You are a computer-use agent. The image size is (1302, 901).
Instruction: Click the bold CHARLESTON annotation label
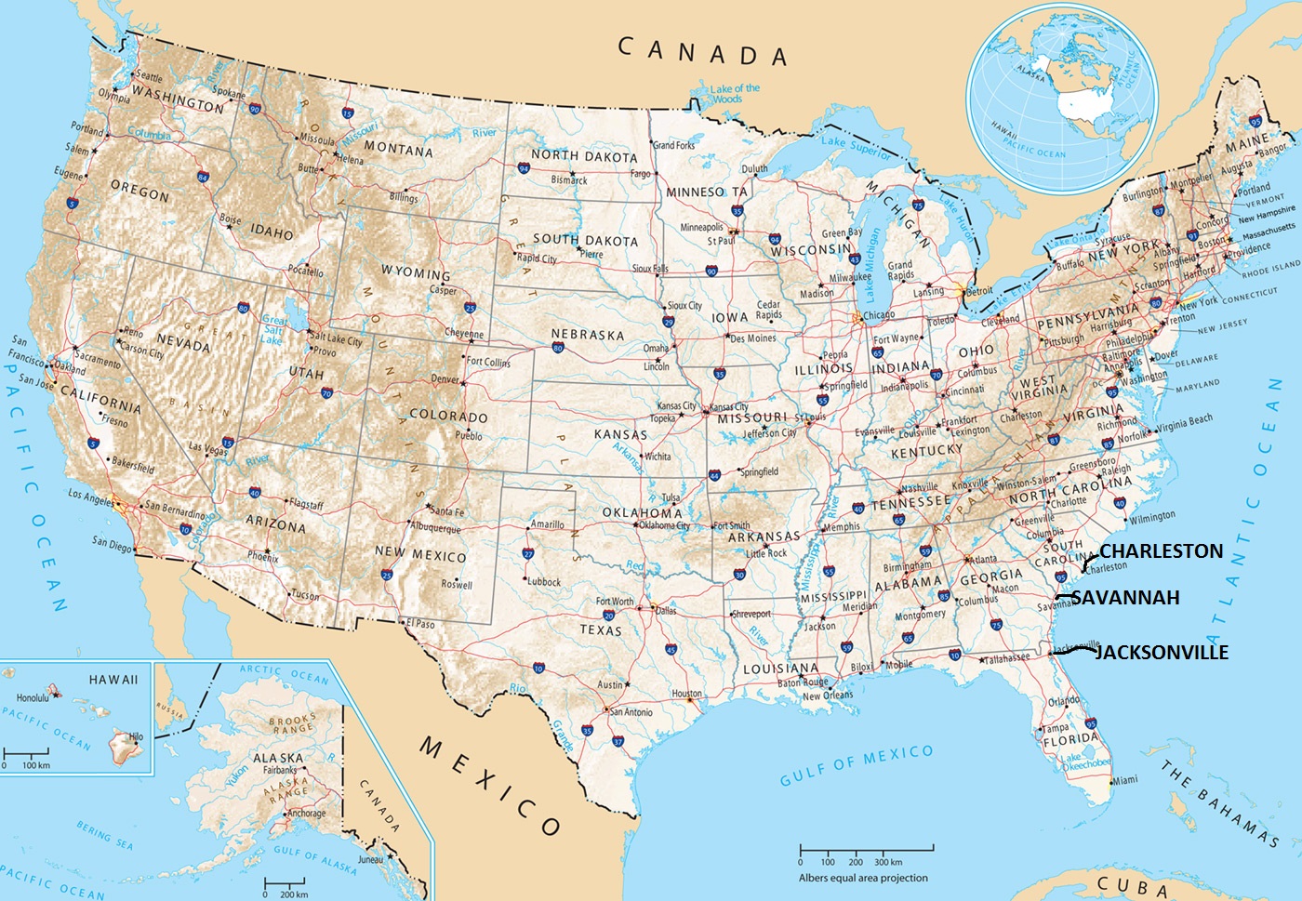coord(1161,551)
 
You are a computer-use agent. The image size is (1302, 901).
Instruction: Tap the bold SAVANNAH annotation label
coord(1125,598)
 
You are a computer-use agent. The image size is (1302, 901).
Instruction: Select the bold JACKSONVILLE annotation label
coord(1162,653)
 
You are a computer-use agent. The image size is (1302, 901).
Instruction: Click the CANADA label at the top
coord(703,51)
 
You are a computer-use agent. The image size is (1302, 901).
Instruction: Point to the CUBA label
coord(1132,885)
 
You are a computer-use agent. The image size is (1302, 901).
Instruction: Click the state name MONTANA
coord(398,149)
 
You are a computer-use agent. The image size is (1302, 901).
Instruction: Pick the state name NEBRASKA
coord(587,334)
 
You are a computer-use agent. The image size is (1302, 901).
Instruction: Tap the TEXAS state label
coord(600,629)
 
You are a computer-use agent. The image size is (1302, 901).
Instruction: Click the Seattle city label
coord(149,77)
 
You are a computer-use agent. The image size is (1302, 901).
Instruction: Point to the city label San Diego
coord(112,543)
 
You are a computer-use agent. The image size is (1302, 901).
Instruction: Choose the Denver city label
coord(445,379)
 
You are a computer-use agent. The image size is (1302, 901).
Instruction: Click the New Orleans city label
coord(827,696)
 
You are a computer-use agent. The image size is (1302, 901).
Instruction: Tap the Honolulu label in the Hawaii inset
coord(33,697)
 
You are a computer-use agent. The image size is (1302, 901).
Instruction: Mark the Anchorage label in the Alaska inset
coord(306,813)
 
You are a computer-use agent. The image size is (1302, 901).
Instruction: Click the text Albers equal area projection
coord(863,878)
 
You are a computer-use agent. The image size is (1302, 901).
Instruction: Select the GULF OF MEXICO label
coord(856,764)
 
